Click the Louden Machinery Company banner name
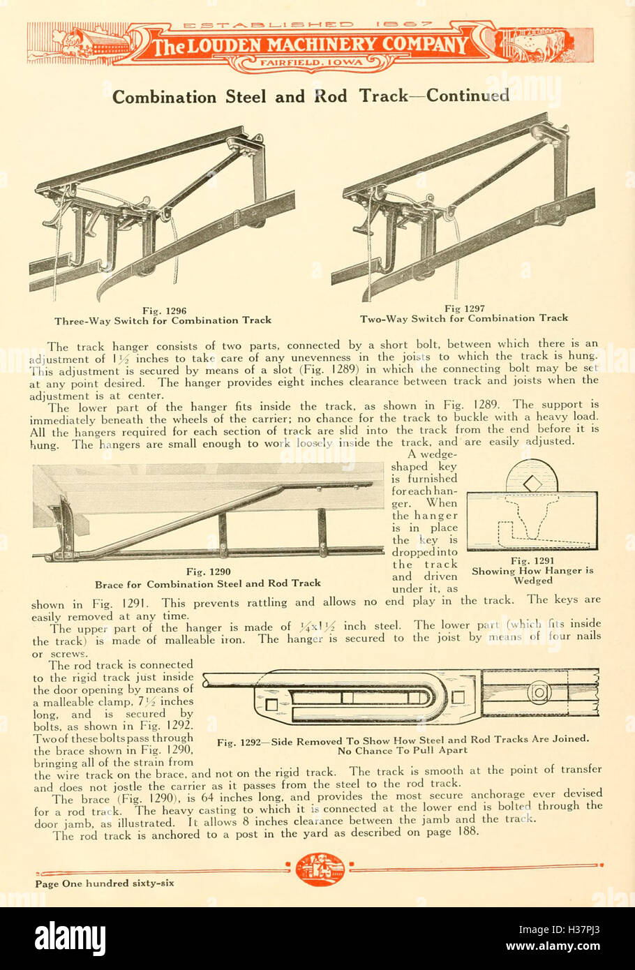[311, 46]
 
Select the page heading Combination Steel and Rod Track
[311, 96]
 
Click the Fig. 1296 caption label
[164, 311]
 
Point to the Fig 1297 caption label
[464, 308]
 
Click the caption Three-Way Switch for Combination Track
[163, 321]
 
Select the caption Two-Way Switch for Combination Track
[464, 318]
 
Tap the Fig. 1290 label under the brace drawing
[208, 572]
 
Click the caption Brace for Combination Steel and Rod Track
[208, 583]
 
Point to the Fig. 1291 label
[532, 560]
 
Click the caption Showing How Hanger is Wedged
[532, 575]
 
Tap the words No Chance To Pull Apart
[403, 751]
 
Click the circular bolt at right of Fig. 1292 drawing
[538, 693]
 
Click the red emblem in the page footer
[320, 870]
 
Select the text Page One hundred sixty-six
[105, 883]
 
